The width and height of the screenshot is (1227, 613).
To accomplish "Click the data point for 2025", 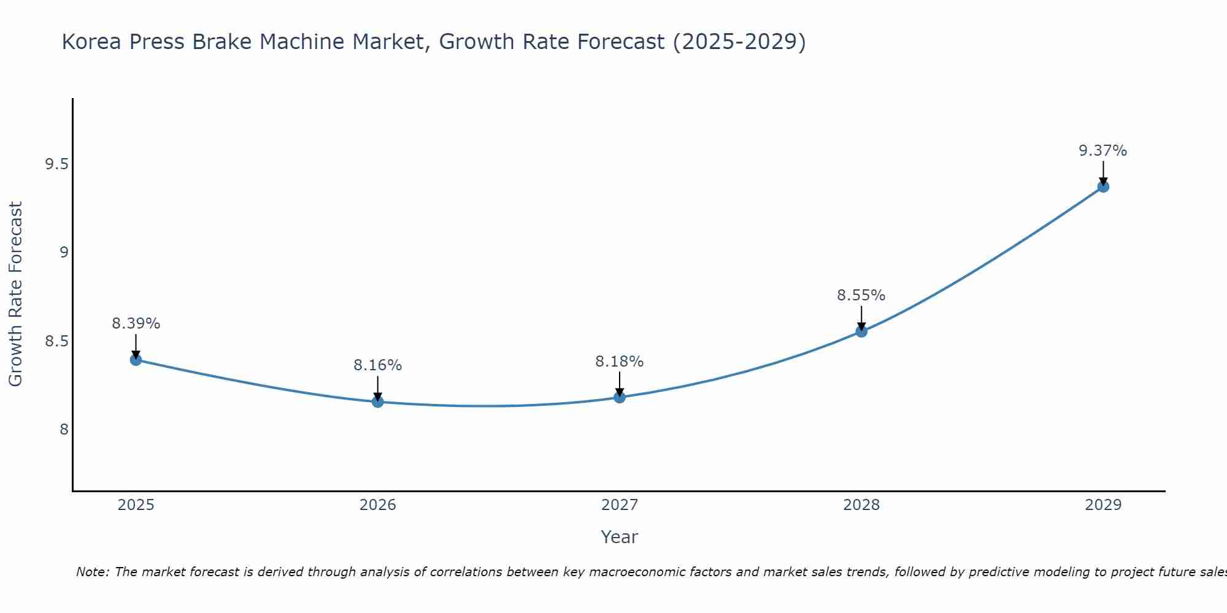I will click(136, 360).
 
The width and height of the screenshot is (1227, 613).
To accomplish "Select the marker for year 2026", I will click(378, 402).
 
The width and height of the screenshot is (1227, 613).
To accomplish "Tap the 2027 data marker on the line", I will click(620, 397).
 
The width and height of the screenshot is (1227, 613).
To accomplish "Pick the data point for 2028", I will click(861, 332).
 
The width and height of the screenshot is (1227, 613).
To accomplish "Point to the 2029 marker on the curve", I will click(1103, 186).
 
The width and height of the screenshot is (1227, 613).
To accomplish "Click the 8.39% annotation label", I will click(136, 324).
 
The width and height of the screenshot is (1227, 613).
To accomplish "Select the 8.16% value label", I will click(378, 365).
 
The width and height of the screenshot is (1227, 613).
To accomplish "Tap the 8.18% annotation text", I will click(620, 362).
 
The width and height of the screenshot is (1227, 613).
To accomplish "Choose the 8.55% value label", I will click(861, 295).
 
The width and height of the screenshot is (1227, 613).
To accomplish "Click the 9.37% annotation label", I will click(1103, 151).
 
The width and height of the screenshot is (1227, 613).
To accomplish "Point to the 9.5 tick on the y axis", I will click(57, 164).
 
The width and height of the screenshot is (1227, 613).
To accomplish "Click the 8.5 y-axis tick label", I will click(57, 341).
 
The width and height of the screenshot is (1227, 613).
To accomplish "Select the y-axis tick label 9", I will click(64, 253).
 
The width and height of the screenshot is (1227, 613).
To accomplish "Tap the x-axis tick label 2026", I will click(378, 505).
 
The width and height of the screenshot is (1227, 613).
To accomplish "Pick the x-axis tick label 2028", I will click(861, 505).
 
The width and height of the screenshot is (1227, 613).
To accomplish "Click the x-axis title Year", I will click(620, 537).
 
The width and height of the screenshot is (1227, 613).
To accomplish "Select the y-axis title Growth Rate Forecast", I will click(15, 294).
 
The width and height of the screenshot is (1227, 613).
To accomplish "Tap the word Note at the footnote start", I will click(92, 572).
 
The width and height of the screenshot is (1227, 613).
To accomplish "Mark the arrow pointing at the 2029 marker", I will click(1103, 173).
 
